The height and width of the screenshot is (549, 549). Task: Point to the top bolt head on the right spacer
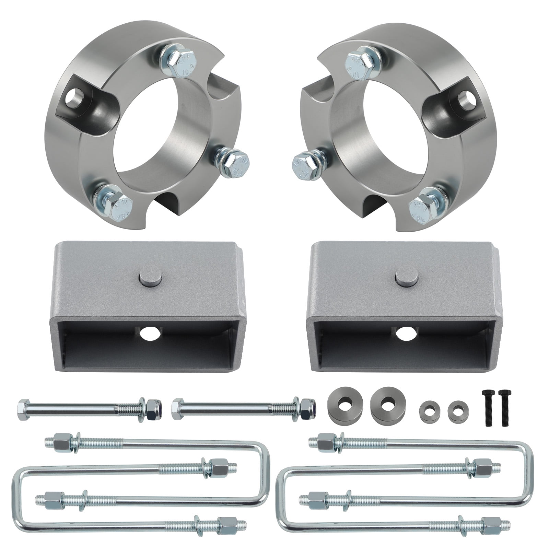pyautogui.click(x=361, y=65)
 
